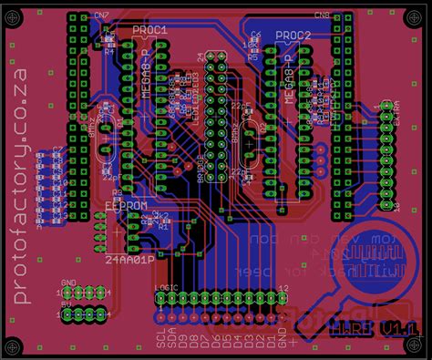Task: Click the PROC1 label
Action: point(150,30)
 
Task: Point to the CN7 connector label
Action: point(101,17)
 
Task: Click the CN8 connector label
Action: point(322,15)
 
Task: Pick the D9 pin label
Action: point(183,344)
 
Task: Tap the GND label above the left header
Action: point(68,283)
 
